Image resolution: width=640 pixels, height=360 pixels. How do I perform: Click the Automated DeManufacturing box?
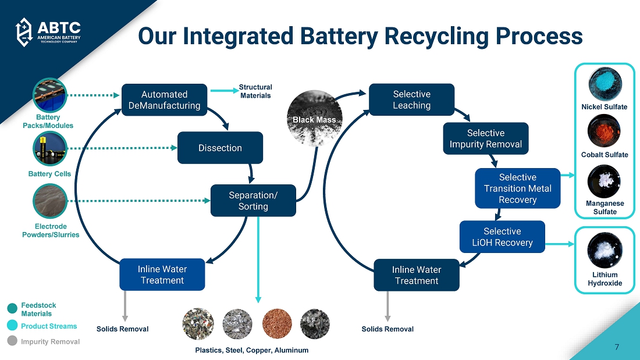(164, 100)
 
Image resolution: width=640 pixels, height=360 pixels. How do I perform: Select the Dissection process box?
(220, 148)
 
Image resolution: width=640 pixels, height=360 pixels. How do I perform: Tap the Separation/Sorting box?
(253, 201)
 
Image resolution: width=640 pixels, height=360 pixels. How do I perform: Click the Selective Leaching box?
(411, 100)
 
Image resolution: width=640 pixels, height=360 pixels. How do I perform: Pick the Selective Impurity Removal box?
(486, 138)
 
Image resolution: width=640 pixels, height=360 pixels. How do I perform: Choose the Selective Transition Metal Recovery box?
(517, 188)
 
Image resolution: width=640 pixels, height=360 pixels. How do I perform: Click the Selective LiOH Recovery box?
(502, 237)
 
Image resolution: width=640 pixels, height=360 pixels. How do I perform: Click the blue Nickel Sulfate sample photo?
(605, 84)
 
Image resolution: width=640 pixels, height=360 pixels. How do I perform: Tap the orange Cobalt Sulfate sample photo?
(605, 132)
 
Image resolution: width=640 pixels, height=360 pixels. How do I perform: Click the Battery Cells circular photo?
(49, 149)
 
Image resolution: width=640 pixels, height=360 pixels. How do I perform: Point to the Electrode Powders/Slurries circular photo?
(49, 201)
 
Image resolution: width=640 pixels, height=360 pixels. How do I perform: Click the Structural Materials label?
(255, 91)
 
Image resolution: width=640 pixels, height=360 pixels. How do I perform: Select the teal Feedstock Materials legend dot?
(12, 309)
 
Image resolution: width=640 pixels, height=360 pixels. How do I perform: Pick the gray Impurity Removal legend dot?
(12, 341)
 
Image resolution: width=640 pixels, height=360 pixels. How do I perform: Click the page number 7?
(617, 347)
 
